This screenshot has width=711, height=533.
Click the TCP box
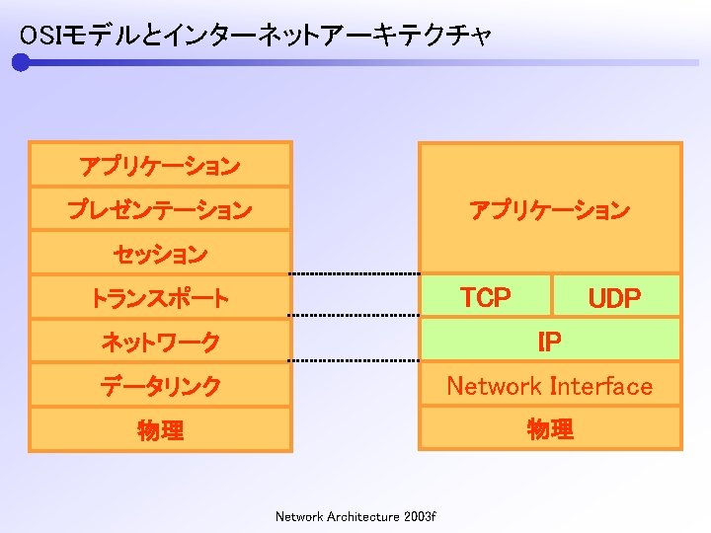coord(486,296)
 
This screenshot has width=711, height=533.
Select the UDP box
coord(615,298)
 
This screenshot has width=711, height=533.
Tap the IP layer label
coord(549,342)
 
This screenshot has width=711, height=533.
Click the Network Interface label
coord(549,386)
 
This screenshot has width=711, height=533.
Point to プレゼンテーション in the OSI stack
coord(160,210)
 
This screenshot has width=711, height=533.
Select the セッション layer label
coord(160,254)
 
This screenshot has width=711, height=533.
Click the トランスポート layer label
coord(160,298)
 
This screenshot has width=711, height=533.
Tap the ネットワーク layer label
coord(160,343)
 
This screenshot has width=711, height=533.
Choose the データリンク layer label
coord(160,386)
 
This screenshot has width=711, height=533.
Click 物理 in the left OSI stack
coord(160,429)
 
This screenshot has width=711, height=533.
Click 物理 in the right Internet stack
coord(549,429)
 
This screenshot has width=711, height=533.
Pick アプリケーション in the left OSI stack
coord(160,166)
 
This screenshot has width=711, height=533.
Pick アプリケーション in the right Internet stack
coord(549,210)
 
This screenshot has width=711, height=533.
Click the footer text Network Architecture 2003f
coord(355,516)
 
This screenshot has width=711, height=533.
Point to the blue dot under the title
coord(21,63)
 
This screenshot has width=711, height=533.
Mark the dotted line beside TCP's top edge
coord(355,273)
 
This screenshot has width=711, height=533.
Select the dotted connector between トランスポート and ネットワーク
coord(355,316)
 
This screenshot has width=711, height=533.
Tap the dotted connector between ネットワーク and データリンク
coord(355,361)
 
